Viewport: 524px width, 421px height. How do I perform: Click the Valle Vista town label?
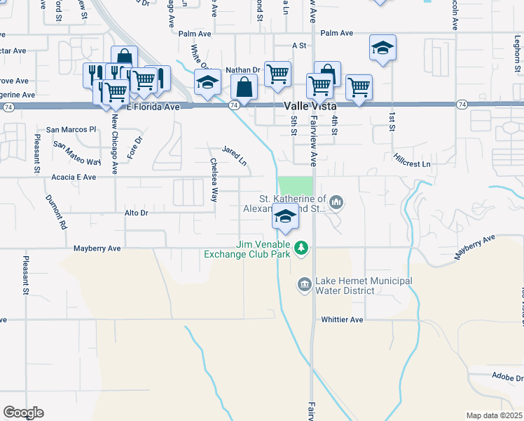coord(313,105)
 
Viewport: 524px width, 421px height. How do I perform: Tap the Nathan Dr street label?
coord(243,70)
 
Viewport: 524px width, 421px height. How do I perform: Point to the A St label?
coord(300,45)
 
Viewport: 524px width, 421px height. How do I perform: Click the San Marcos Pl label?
coord(71,130)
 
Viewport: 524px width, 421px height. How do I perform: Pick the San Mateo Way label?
coord(77,153)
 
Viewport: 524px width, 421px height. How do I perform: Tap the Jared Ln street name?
coord(235,156)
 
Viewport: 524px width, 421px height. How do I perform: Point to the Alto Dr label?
coord(137,212)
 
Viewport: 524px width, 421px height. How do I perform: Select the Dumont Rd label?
coord(55,213)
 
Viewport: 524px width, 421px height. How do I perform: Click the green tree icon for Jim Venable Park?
coord(301,247)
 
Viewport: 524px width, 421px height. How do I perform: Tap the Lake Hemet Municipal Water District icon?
coord(305,283)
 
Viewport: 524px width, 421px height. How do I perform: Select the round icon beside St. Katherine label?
coord(337,203)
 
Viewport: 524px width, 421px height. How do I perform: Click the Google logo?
coord(23,413)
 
